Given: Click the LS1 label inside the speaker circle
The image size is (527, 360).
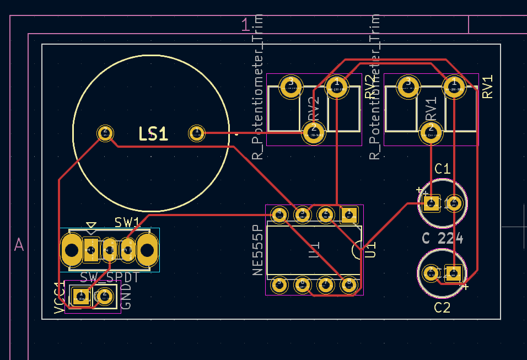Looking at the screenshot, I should point(153,134).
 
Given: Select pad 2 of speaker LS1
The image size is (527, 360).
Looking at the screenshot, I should point(105,133).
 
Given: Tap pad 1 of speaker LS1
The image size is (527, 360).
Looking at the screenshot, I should point(196,133).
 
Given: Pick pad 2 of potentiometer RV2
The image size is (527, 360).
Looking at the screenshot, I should point(313,132).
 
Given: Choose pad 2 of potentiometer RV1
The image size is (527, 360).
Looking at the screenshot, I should point(431,132).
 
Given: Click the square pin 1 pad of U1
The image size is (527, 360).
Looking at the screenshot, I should point(348,214).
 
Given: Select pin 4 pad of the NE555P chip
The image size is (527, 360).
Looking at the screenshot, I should point(279,214).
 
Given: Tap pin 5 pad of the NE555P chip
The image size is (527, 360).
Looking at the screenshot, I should point(279,284).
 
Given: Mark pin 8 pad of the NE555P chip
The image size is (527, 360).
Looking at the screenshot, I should point(348,284).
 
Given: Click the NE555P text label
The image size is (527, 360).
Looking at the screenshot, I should point(257,250).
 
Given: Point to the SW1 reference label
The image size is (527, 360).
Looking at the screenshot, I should point(127,222).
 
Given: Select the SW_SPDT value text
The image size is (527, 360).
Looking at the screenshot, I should point(109,277).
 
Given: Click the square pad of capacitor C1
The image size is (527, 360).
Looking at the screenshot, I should point(432,203).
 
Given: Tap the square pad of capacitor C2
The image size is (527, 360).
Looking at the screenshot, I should point(453,273).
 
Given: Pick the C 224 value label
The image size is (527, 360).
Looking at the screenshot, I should point(442,239).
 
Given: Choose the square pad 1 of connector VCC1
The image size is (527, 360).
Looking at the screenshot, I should point(81,297).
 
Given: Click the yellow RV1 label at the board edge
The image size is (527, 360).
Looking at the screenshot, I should point(487,87).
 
